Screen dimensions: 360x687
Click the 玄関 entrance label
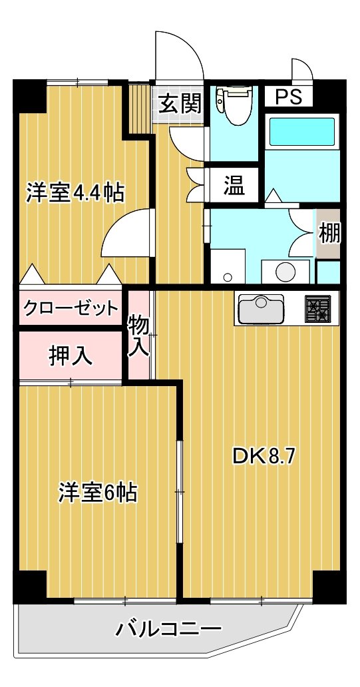coord(180,105)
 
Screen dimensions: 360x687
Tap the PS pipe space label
coord(289,97)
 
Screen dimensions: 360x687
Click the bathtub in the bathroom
coord(303,131)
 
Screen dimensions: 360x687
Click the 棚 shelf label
coord(329,233)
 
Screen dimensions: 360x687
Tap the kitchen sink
coord(261,309)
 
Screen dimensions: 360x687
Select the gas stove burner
coord(318,309)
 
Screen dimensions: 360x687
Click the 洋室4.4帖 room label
coord(75,192)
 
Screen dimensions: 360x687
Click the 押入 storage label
coord(70,355)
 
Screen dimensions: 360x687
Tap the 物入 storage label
coord(139,336)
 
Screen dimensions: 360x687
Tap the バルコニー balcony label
coord(168,630)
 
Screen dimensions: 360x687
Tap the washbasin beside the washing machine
coord(228,266)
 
